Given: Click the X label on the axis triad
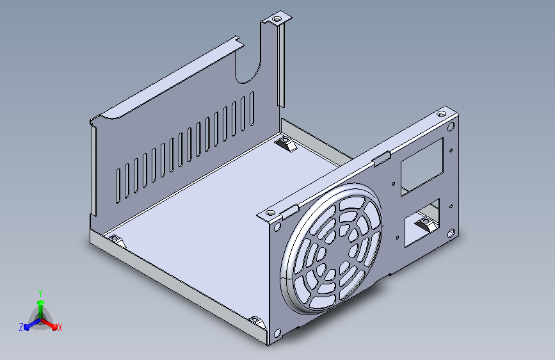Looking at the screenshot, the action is point(60,327).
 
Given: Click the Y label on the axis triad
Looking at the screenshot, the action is point(40,293).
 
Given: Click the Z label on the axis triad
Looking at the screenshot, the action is point(21,327).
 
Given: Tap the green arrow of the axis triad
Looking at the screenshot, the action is point(41,307).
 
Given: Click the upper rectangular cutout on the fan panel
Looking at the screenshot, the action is point(422,167).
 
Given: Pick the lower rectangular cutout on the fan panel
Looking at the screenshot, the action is point(422,222).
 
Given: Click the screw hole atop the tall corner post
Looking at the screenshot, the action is point(277,18).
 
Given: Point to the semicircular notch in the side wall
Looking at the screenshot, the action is point(248,71).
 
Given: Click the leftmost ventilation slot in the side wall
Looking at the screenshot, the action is point(118,186).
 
